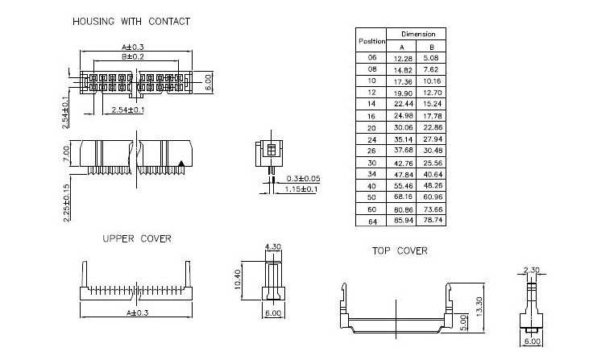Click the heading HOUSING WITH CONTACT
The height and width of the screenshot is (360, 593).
click(131, 22)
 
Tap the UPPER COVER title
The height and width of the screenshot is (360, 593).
click(136, 238)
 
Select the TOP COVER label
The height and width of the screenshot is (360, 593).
click(400, 250)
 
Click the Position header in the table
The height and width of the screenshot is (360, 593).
click(371, 40)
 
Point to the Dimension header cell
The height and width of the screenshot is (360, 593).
click(419, 35)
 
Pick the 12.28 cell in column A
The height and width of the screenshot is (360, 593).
click(403, 58)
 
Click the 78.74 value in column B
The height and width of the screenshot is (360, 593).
click(435, 220)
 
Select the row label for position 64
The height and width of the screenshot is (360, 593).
click(371, 220)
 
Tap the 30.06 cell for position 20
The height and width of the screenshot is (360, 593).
click(403, 127)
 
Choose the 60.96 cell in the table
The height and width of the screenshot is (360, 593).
click(435, 197)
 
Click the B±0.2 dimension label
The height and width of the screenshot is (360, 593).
click(133, 57)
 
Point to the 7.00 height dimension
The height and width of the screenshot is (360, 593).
click(67, 153)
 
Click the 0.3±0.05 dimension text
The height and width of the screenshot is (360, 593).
click(303, 178)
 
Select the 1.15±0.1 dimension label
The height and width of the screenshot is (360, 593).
click(301, 190)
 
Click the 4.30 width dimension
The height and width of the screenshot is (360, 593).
click(272, 246)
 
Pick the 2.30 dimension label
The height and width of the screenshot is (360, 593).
click(531, 270)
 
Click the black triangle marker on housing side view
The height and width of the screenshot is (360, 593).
click(183, 164)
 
